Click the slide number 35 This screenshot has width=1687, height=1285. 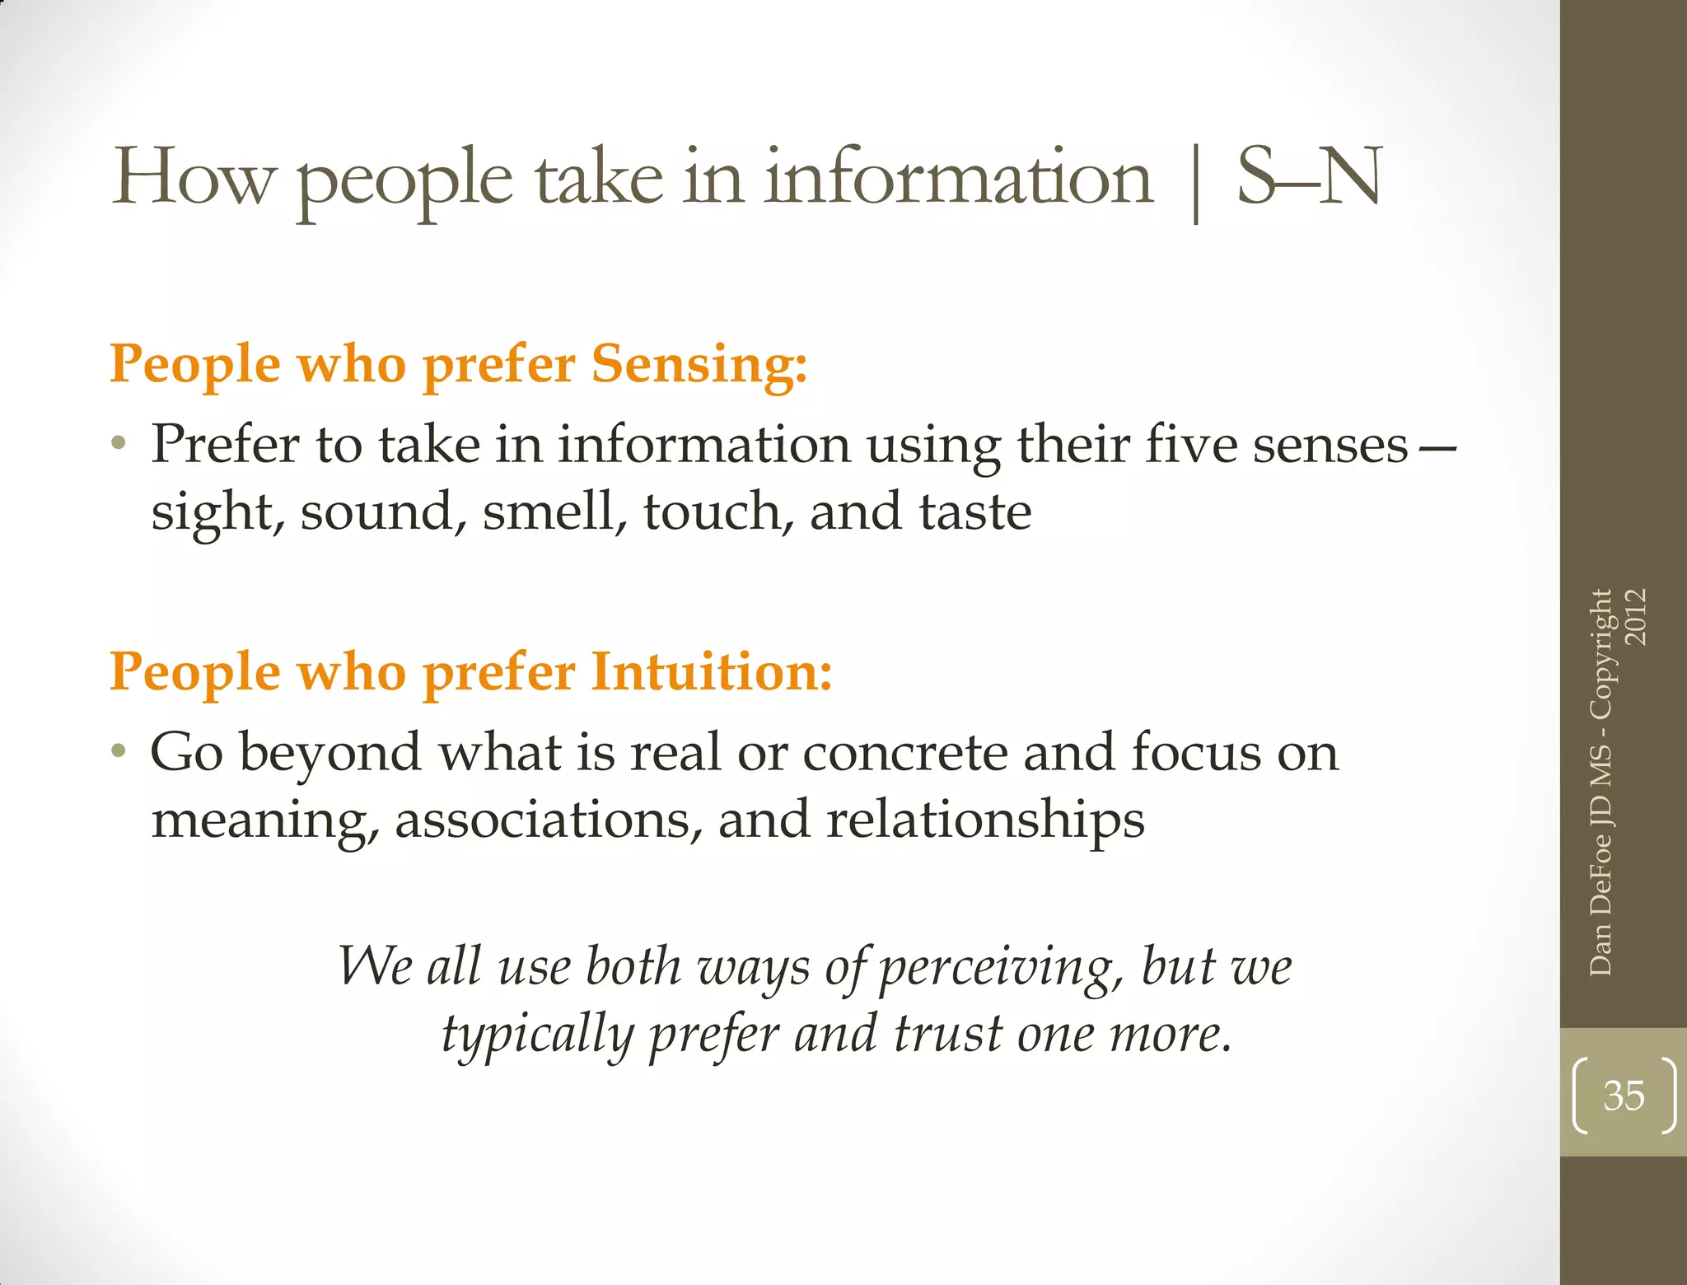(1624, 1096)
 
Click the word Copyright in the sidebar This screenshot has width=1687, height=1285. (1601, 654)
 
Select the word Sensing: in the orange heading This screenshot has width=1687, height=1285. (699, 363)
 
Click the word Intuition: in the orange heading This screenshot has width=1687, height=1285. (712, 671)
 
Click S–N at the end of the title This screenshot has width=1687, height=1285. (1309, 177)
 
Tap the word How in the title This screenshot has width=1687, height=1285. (193, 177)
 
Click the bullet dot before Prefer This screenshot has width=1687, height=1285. (119, 444)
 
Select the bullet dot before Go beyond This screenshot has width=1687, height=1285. (119, 751)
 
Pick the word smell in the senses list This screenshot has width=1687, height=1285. (549, 512)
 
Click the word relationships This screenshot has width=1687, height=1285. (985, 820)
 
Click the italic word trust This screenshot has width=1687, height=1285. (948, 1035)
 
